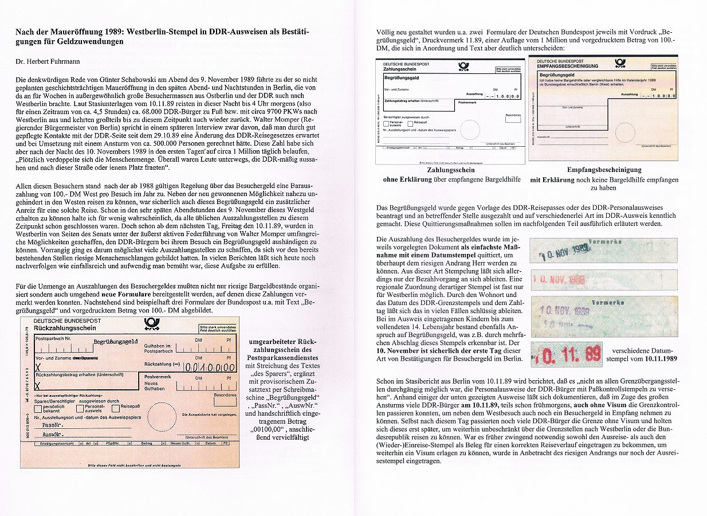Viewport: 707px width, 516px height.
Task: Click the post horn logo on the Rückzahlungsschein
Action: pyautogui.click(x=151, y=325)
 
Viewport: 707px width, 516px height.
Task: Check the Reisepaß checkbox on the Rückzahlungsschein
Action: pyautogui.click(x=116, y=408)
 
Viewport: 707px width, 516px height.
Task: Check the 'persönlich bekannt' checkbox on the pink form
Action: pyautogui.click(x=38, y=408)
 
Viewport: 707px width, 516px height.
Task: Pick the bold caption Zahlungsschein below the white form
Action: pyautogui.click(x=451, y=170)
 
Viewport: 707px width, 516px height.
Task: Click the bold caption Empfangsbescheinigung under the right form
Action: pyautogui.click(x=604, y=170)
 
